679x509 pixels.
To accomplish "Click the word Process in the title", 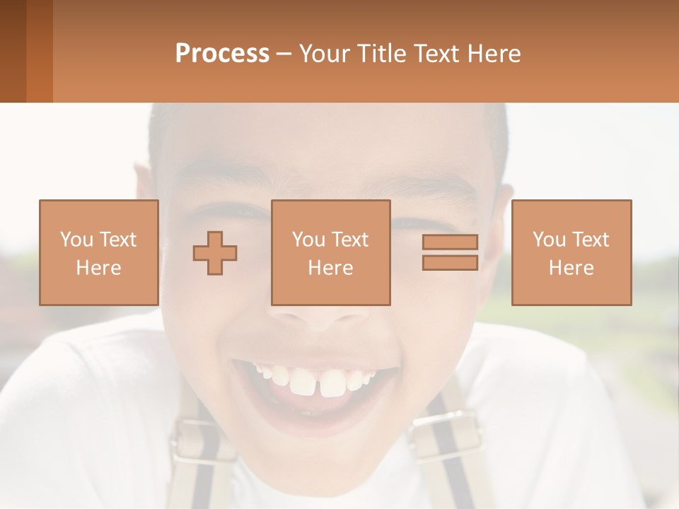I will pos(222,54).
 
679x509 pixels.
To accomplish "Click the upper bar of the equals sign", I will pos(450,242).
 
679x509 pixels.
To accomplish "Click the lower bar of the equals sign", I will pos(450,262).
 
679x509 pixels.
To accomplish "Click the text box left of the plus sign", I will pos(98,252).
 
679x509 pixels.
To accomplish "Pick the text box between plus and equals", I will pos(330,252).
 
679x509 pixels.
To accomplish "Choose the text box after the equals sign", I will pos(571,252).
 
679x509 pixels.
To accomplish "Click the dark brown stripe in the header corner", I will pos(13,51).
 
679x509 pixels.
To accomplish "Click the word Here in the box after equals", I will pos(571,268).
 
